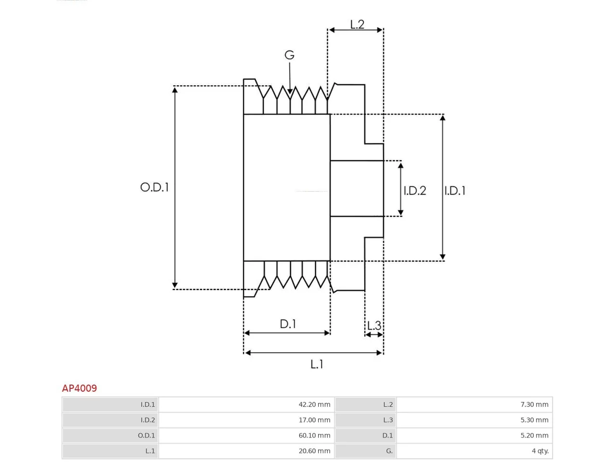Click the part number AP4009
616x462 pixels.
(79, 388)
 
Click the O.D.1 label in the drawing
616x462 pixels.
(154, 187)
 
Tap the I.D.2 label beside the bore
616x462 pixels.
(414, 191)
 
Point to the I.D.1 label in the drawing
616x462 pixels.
(455, 191)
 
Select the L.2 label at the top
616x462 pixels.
(357, 25)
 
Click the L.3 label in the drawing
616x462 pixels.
(374, 325)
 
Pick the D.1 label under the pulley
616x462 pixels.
(288, 324)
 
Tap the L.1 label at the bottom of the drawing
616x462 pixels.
(317, 364)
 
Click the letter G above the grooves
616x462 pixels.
(289, 55)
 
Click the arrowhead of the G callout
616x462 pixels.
(290, 92)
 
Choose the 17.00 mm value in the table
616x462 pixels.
(314, 420)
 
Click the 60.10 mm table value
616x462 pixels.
(314, 436)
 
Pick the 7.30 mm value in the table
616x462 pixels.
(534, 404)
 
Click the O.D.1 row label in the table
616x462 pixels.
(146, 436)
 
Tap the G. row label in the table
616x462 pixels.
(389, 451)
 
